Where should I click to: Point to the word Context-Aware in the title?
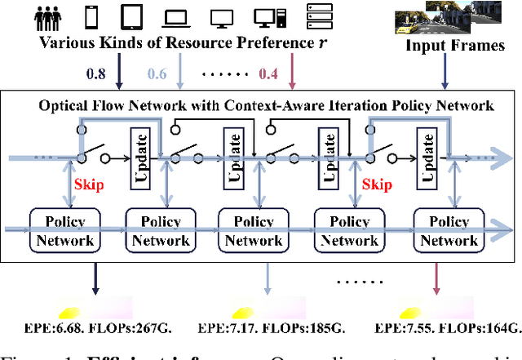pos(283,104)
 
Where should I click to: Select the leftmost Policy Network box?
pos(64,230)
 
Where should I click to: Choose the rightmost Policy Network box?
pos(446,230)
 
